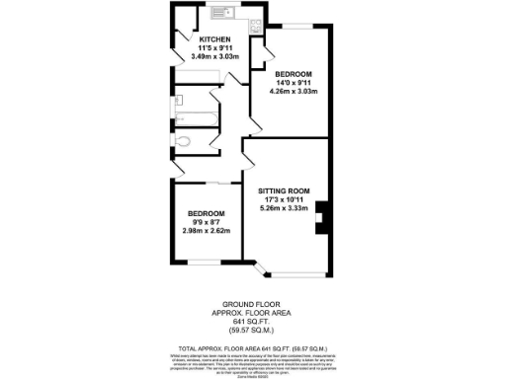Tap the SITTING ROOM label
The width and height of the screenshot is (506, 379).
[x=285, y=190]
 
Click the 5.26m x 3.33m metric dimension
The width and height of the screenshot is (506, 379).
[x=285, y=208]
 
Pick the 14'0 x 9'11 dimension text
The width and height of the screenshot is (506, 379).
[x=295, y=84]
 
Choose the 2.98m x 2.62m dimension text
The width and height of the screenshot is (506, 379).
[x=207, y=231]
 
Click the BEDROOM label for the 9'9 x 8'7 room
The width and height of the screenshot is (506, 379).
[x=207, y=214]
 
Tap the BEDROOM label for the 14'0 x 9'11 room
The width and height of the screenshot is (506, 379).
[x=295, y=75]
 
